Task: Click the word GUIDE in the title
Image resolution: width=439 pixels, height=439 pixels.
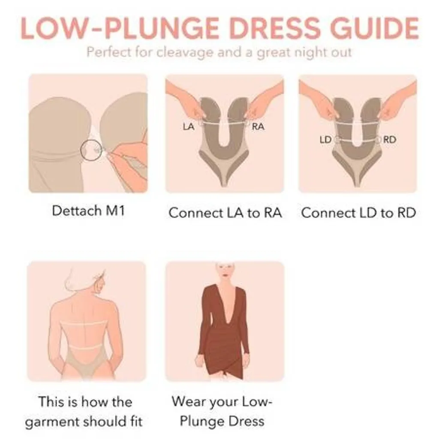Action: point(374,28)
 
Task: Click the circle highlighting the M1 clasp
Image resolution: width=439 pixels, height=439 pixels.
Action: point(91,150)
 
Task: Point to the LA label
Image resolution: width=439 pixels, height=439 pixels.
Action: point(189,127)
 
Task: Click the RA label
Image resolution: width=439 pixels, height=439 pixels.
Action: point(258,126)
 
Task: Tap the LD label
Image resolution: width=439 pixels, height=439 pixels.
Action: point(325,139)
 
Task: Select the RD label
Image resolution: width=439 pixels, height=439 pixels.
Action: point(389,139)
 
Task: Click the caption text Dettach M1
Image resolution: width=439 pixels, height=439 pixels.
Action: point(88,210)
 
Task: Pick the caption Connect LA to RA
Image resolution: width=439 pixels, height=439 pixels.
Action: point(225,213)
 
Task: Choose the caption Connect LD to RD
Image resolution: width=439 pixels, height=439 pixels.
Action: point(358,213)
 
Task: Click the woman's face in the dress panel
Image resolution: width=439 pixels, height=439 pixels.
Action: point(225,271)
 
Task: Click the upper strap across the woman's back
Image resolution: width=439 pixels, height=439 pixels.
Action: point(83,323)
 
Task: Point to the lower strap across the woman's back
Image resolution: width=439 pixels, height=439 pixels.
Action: point(85,347)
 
